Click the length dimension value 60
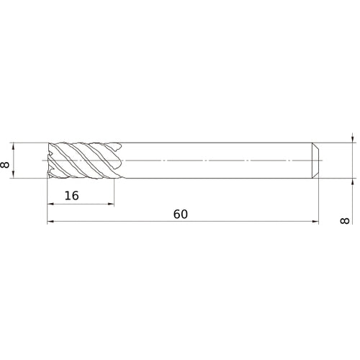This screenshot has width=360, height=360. point(181,215)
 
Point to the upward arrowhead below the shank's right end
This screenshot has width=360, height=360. point(351,181)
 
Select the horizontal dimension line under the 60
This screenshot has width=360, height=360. point(216,223)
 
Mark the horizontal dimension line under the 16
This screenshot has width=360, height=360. point(81,204)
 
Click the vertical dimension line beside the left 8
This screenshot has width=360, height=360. point(15,160)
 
